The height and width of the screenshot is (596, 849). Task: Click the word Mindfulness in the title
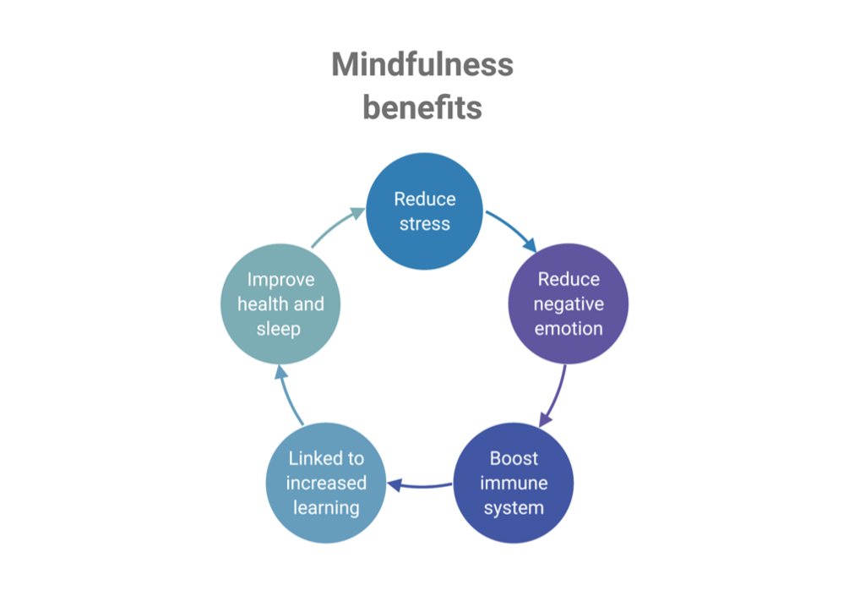422,65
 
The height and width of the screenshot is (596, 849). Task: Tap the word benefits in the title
422,108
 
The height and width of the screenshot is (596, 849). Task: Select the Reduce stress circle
424,211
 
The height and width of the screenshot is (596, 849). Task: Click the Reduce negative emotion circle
568,303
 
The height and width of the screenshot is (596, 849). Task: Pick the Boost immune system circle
514,483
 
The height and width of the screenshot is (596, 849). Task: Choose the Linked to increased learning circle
326,483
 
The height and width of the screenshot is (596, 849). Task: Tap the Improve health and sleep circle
280,303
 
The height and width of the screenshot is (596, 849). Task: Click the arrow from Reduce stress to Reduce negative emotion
511,231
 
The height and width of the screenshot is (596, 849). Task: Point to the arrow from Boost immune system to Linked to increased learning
420,485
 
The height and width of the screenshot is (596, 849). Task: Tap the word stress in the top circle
424,224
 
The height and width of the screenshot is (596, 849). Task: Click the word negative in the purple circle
569,303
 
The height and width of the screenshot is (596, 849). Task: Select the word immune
514,484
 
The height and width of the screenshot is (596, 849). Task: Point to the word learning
326,507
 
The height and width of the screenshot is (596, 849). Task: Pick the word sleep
278,328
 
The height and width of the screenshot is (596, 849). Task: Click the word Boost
514,458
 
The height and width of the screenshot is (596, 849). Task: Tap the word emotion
569,328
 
